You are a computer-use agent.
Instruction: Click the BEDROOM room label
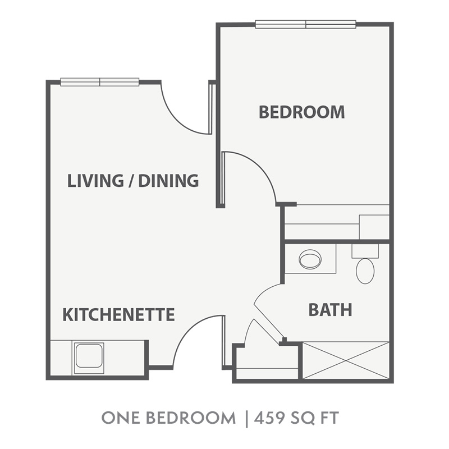tap(302, 112)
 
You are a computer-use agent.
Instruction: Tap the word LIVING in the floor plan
tap(95, 181)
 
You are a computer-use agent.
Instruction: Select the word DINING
tap(168, 181)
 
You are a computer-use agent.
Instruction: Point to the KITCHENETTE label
tap(118, 314)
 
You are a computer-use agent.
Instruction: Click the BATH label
tap(330, 310)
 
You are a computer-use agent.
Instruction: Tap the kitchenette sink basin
tap(89, 356)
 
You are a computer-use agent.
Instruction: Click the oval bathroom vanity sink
tap(310, 259)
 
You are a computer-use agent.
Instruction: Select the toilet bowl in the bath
tap(365, 271)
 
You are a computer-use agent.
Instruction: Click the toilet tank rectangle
tap(365, 251)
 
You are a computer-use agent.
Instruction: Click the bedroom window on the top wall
tap(305, 24)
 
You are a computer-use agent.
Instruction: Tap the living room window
tap(100, 82)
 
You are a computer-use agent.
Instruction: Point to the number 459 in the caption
tap(269, 418)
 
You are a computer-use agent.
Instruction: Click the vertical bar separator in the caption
tap(246, 419)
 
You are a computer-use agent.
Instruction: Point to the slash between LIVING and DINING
tap(131, 181)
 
